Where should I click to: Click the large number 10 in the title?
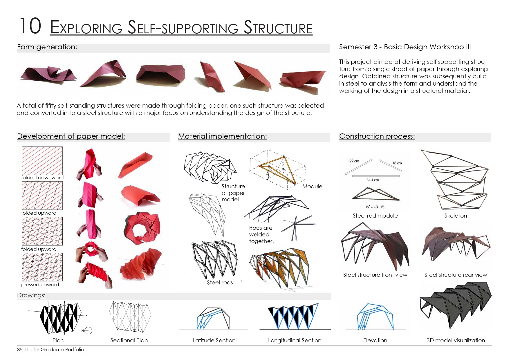[30, 26]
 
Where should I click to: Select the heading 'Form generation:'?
[47, 47]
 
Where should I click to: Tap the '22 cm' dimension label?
[354, 161]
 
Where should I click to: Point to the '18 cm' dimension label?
[397, 163]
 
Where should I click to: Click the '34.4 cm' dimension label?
[373, 180]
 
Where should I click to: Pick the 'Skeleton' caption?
[456, 216]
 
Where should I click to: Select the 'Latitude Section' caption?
[214, 340]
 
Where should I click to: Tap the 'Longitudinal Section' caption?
[295, 340]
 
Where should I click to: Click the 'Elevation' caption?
[375, 340]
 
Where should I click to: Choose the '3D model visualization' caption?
[456, 340]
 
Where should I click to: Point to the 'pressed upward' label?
[40, 285]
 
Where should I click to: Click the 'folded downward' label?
[42, 178]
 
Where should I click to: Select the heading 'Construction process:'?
[377, 136]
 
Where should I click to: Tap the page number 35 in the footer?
[20, 350]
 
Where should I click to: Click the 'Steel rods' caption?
[220, 283]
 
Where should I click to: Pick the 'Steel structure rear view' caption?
[456, 275]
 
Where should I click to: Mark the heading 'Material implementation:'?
[222, 136]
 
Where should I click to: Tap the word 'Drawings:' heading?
[31, 295]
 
